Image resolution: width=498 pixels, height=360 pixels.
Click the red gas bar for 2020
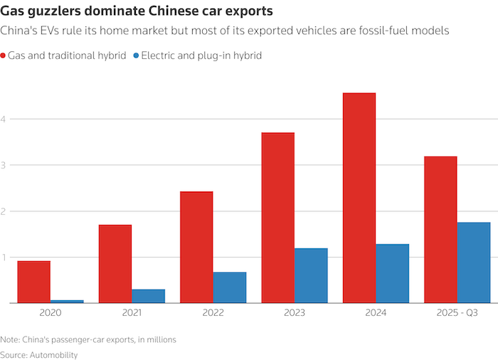(34, 282)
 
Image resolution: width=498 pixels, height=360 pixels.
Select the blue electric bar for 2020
(67, 301)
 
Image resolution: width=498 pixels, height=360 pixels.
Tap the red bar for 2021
(115, 264)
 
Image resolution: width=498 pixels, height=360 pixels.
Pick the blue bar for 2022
(229, 287)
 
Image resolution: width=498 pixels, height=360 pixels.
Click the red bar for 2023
(277, 218)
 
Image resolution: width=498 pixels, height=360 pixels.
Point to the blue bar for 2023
(311, 275)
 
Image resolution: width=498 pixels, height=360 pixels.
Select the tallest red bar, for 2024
(359, 198)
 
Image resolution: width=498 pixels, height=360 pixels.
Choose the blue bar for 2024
(392, 273)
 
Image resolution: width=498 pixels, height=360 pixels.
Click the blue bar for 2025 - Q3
(474, 263)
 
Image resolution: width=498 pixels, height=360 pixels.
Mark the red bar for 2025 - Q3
(440, 230)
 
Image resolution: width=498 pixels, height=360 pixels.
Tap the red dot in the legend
(4, 55)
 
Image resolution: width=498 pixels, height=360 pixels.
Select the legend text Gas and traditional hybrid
(67, 55)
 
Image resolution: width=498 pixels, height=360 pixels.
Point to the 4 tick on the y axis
(4, 119)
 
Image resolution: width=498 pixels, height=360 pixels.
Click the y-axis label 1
(4, 257)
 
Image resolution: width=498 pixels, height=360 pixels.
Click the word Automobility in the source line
(53, 354)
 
